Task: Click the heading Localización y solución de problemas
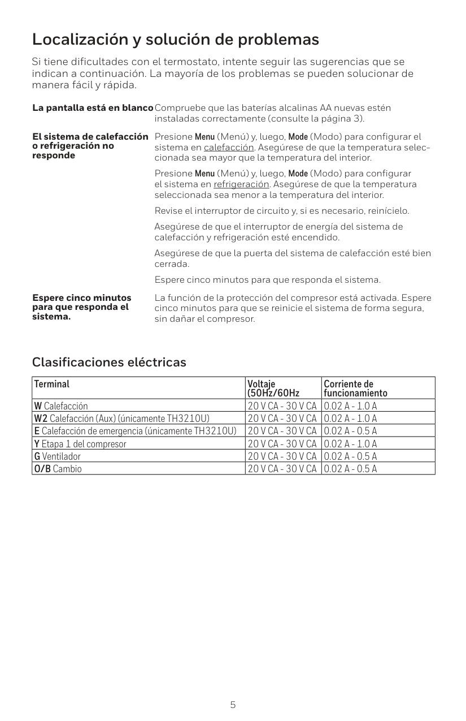[176, 40]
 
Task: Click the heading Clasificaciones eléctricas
[109, 362]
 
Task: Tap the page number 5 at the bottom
[233, 705]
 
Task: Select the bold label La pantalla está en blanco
[93, 108]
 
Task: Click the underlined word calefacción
[229, 148]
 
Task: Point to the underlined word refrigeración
[241, 184]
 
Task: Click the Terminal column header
[52, 385]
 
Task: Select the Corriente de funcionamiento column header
[356, 388]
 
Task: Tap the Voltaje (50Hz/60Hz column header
[273, 388]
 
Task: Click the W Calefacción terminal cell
[61, 405]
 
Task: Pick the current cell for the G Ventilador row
[351, 456]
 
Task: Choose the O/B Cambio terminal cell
[58, 468]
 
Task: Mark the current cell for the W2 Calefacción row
[351, 418]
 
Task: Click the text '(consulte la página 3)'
[316, 119]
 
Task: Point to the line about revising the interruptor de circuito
[282, 211]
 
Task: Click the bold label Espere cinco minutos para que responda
[82, 306]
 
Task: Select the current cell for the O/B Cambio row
[351, 468]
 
